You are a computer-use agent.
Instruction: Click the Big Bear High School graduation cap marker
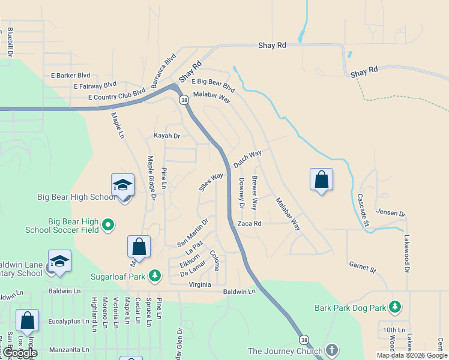(x=122, y=185)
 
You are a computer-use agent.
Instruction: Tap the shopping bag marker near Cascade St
(x=321, y=179)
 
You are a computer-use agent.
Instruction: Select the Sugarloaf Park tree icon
(x=155, y=275)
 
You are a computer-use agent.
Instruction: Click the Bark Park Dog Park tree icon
(x=394, y=308)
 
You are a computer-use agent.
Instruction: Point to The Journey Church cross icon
(x=332, y=351)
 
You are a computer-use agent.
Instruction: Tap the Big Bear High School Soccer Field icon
(x=108, y=225)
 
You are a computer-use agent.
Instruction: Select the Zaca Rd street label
(x=249, y=223)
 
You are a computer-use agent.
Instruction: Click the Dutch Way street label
(x=247, y=159)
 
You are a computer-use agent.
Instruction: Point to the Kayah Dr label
(x=166, y=136)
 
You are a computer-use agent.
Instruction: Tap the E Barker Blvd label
(x=70, y=76)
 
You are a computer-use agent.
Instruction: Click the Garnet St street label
(x=361, y=267)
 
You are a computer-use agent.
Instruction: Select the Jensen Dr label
(x=391, y=213)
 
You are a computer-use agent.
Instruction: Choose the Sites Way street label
(x=211, y=182)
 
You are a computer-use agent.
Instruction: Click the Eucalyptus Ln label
(x=68, y=321)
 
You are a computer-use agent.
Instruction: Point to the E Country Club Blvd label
(x=116, y=94)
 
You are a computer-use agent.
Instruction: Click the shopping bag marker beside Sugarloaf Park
(x=139, y=247)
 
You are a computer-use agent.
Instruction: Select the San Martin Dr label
(x=192, y=233)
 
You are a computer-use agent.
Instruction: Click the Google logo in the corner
(x=19, y=353)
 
